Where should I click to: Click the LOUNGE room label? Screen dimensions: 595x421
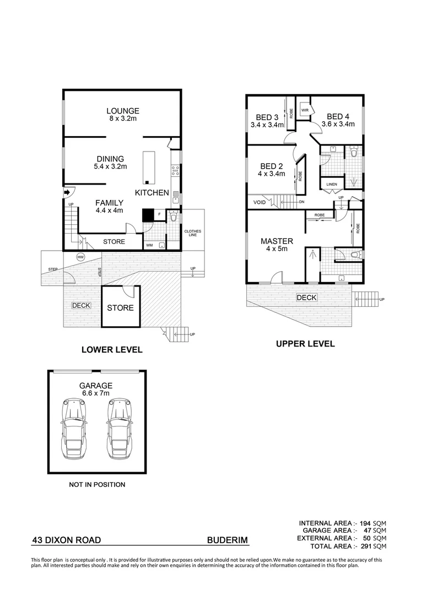[123, 110]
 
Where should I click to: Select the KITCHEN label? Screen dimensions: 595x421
[152, 193]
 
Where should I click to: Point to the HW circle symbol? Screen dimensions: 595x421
[80, 257]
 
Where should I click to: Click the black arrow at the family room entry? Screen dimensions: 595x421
[67, 192]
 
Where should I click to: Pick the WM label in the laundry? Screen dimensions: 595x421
[149, 245]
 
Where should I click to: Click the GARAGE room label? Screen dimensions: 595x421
[96, 386]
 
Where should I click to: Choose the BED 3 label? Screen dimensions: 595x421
[267, 117]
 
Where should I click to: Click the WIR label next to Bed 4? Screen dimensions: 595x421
[304, 110]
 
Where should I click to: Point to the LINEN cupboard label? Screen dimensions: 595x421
[332, 184]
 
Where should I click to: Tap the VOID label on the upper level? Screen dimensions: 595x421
[260, 202]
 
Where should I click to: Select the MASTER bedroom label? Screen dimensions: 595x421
[277, 241]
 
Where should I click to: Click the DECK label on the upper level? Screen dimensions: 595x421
[306, 297]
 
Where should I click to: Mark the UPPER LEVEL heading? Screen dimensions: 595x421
[305, 344]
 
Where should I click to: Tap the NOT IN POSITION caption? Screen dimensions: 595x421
[96, 485]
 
